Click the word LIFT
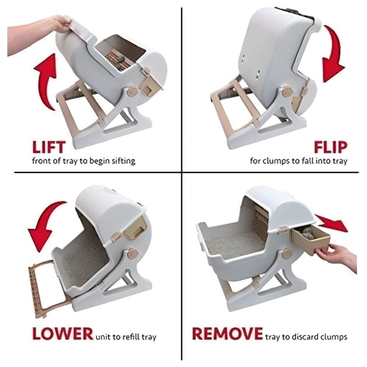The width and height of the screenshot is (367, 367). point(49,147)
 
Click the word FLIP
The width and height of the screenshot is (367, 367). point(331,147)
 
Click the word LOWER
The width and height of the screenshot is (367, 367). point(63,334)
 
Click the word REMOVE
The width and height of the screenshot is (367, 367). point(228,334)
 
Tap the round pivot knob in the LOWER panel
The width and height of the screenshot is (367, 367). point(133,253)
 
